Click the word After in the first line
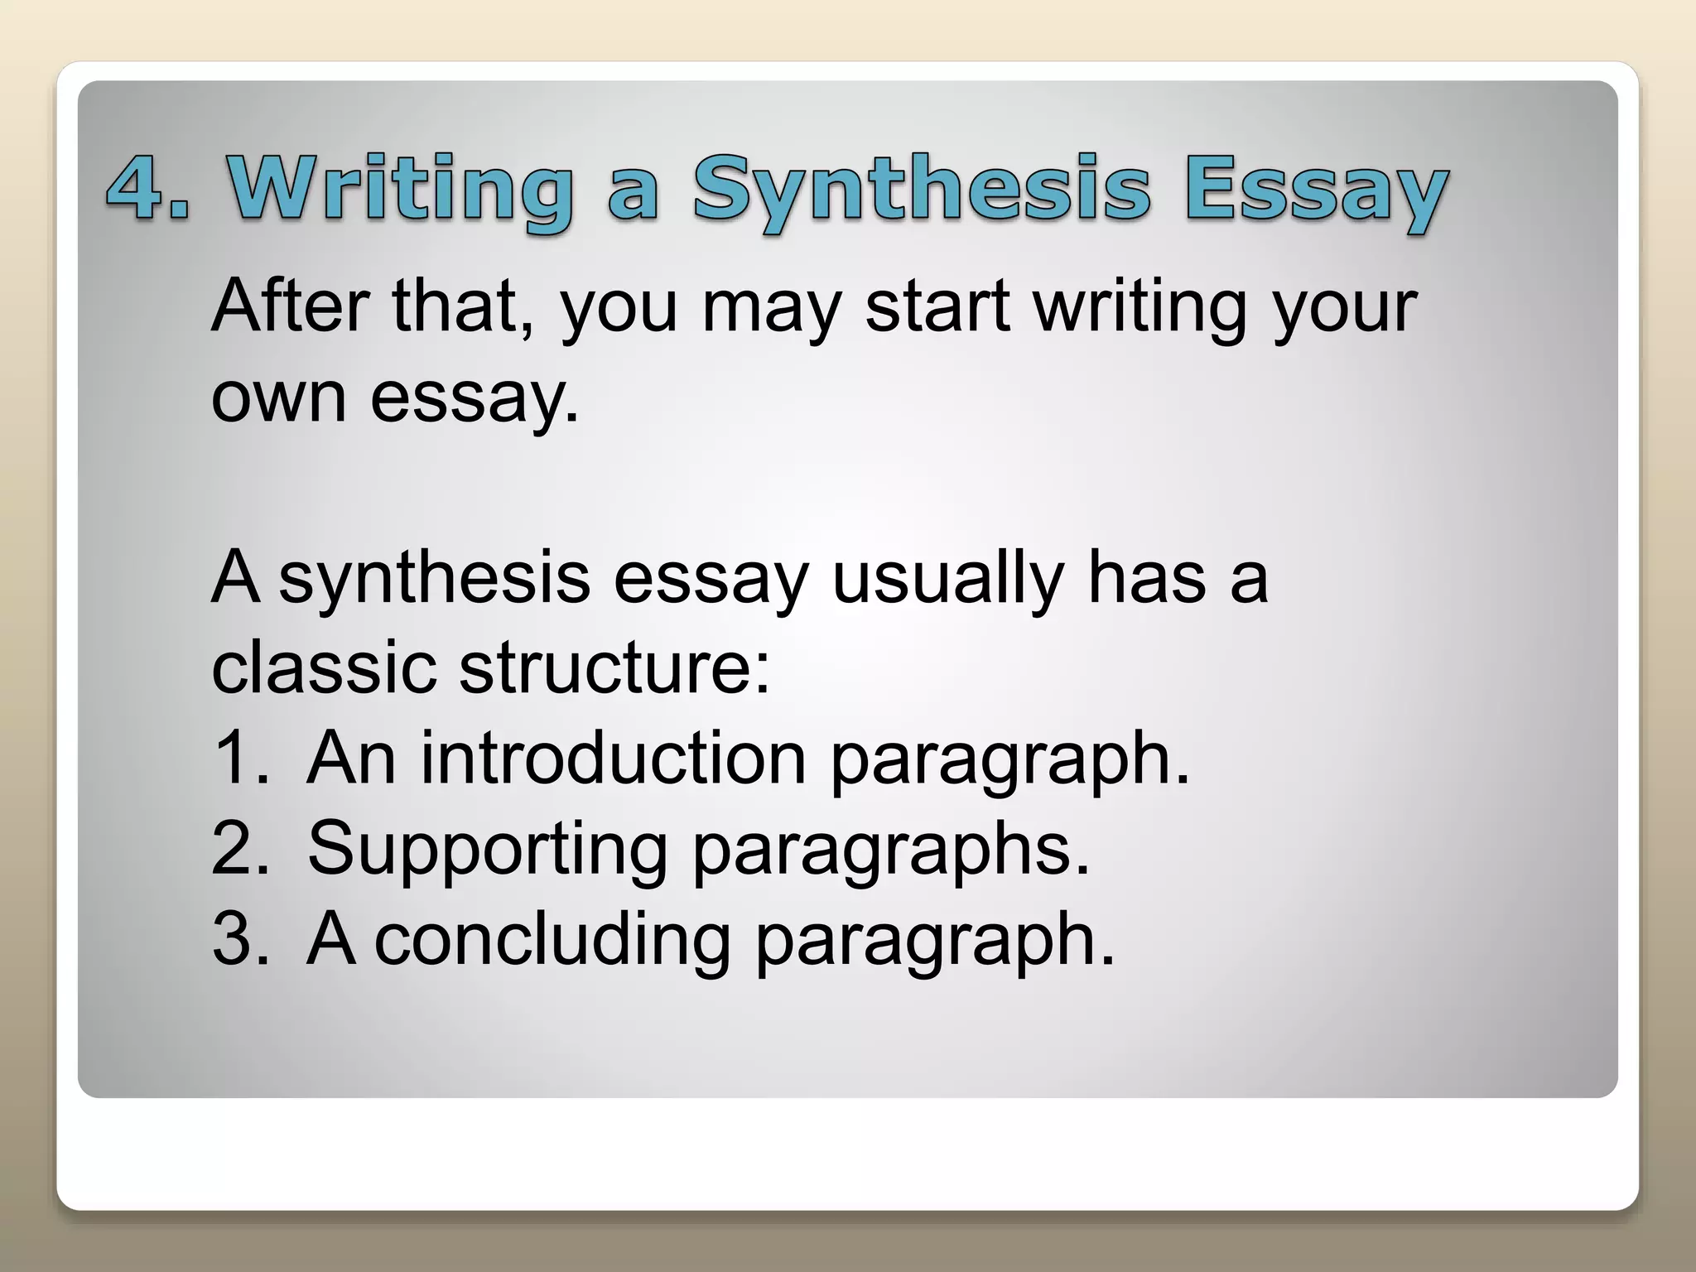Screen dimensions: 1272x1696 point(290,306)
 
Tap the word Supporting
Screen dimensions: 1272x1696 point(488,850)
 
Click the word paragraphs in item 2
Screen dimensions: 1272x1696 point(890,850)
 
